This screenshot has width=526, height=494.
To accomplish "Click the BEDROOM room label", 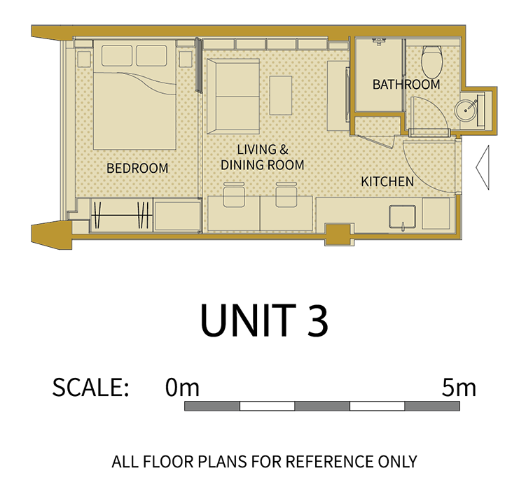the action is click(137, 168).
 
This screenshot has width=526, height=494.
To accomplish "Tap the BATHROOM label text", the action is click(406, 85).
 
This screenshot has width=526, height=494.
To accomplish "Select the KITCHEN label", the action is click(387, 182).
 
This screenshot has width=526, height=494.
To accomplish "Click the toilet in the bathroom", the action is click(431, 62).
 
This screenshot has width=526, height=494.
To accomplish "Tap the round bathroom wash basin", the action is click(465, 109).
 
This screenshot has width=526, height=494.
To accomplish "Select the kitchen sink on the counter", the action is click(402, 216).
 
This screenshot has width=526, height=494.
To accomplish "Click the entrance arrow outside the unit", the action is click(483, 167).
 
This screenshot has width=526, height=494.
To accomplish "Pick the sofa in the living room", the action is click(233, 97).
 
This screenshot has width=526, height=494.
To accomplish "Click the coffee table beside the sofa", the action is click(281, 96).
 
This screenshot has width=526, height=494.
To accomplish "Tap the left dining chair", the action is click(234, 195).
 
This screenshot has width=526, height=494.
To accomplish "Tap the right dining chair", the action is click(286, 195).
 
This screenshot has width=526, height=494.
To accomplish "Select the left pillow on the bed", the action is click(117, 56).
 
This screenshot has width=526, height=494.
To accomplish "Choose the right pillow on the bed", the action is click(151, 56).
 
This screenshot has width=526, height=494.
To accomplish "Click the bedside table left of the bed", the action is click(84, 59).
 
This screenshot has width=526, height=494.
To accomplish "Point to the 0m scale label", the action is click(182, 387).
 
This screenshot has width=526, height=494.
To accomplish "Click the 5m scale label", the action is click(459, 387).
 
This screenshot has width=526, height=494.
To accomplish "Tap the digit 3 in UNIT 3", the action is click(317, 320).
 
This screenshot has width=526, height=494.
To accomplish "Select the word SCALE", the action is click(90, 387).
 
